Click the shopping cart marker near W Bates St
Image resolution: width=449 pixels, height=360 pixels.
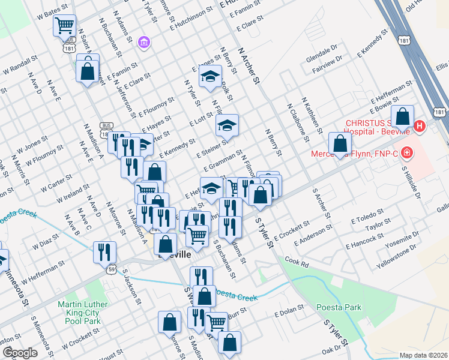pos(64,25)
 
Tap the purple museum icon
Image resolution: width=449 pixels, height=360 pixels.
pos(143,42)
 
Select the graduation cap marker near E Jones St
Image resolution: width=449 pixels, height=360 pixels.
pos(210,76)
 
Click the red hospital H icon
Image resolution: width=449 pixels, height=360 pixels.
pos(420,127)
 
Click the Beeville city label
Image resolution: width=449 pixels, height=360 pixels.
pos(173,255)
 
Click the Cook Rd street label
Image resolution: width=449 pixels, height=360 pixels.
pos(296,262)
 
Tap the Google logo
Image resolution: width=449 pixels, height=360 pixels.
pos(19,352)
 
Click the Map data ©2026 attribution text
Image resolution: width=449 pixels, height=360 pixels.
pos(423,355)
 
